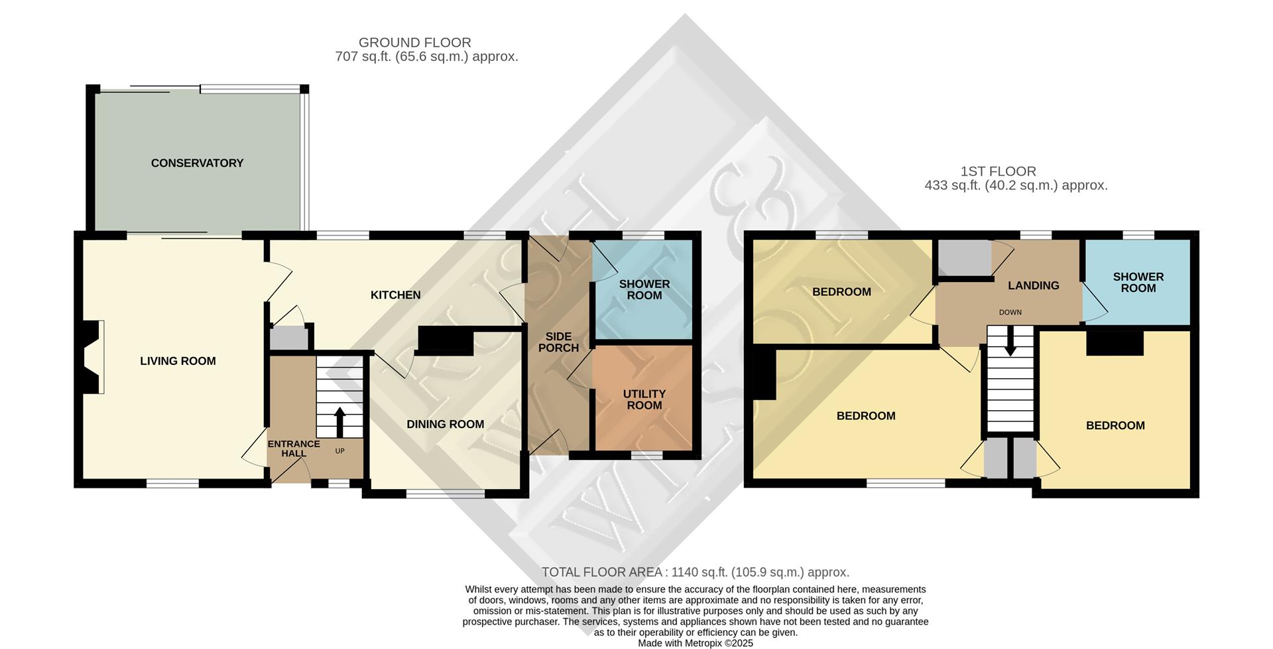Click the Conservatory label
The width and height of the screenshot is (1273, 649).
pyautogui.click(x=197, y=163)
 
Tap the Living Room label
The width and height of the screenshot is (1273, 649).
pyautogui.click(x=178, y=361)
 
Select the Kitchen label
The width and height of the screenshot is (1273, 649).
pyautogui.click(x=395, y=295)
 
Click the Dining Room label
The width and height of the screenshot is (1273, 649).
pyautogui.click(x=445, y=424)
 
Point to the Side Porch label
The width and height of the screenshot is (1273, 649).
pyautogui.click(x=558, y=342)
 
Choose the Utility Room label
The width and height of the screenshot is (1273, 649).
pyautogui.click(x=644, y=399)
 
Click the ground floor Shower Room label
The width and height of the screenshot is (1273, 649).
pyautogui.click(x=644, y=289)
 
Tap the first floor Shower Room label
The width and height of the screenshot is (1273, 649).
pyautogui.click(x=1138, y=282)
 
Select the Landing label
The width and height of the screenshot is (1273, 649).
pyautogui.click(x=1033, y=285)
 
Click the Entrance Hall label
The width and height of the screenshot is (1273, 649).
pyautogui.click(x=294, y=449)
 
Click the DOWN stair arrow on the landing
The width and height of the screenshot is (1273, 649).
pyautogui.click(x=1010, y=341)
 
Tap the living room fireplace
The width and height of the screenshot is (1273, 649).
pyautogui.click(x=92, y=357)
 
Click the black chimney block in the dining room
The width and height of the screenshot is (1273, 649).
pyautogui.click(x=445, y=340)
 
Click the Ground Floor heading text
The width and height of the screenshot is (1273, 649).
pyautogui.click(x=414, y=42)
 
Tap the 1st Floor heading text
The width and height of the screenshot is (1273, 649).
pyautogui.click(x=998, y=171)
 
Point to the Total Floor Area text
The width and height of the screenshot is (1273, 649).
pyautogui.click(x=695, y=572)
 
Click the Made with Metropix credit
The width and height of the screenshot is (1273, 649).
pyautogui.click(x=695, y=643)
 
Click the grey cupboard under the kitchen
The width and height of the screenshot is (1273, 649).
pyautogui.click(x=288, y=339)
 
